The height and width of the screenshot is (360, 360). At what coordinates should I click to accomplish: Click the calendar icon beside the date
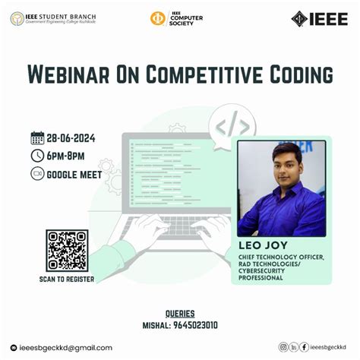[x=37, y=138]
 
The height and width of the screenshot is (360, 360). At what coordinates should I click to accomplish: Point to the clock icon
[x=37, y=156]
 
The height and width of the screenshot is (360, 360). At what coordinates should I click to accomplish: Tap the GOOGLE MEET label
[x=74, y=174]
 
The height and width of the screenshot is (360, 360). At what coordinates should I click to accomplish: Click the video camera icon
[x=37, y=174]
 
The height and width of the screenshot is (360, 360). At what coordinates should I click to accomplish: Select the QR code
[x=67, y=250]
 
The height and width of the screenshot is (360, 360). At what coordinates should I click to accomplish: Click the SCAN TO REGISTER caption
[x=67, y=279]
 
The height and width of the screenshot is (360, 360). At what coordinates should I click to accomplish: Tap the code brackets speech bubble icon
[x=232, y=124]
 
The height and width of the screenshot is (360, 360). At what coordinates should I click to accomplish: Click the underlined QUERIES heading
[x=180, y=313]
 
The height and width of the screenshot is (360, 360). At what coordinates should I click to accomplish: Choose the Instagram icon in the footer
[x=283, y=347]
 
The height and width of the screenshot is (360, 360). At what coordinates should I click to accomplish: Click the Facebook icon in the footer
[x=305, y=347]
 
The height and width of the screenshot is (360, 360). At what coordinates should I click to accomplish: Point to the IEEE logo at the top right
[x=320, y=18]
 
